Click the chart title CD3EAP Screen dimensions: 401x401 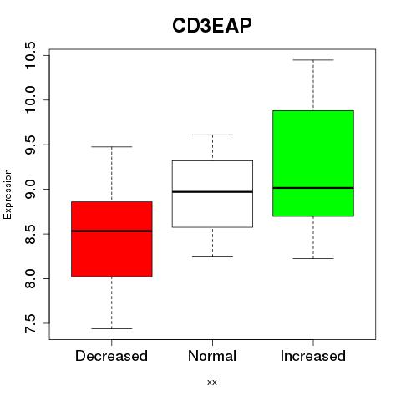tap(212, 26)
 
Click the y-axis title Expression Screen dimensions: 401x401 tap(8, 194)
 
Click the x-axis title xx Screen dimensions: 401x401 tap(212, 383)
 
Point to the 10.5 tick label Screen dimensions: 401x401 tap(29, 55)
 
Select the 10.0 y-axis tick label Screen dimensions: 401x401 tap(29, 99)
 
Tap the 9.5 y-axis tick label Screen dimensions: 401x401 tap(29, 145)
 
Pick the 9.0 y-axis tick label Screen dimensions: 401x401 tap(29, 189)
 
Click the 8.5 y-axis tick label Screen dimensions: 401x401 tap(29, 234)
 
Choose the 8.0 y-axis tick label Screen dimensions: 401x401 tap(29, 278)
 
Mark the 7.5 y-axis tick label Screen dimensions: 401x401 tap(29, 323)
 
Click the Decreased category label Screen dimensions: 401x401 tap(111, 356)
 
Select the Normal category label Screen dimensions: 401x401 tap(212, 356)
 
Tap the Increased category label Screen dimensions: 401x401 tap(313, 356)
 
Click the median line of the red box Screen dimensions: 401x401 tap(112, 231)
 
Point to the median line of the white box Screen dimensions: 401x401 tap(212, 192)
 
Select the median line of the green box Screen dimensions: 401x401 tap(313, 188)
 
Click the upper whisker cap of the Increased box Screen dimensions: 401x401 tap(313, 60)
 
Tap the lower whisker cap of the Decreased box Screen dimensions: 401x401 tap(112, 328)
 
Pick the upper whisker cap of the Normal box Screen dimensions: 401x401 tap(212, 135)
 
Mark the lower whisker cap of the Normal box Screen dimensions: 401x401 tap(212, 256)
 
